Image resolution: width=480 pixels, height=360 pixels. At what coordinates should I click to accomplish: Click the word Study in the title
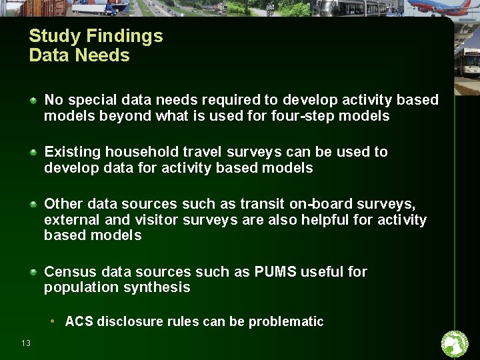tap(51, 36)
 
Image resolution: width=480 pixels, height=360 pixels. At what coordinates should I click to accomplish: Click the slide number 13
tap(26, 343)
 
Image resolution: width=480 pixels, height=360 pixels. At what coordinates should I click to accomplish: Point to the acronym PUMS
tap(275, 272)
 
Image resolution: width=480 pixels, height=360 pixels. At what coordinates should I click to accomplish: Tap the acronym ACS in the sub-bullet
tap(79, 322)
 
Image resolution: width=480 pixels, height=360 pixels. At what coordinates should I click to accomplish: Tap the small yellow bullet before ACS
tap(53, 321)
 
